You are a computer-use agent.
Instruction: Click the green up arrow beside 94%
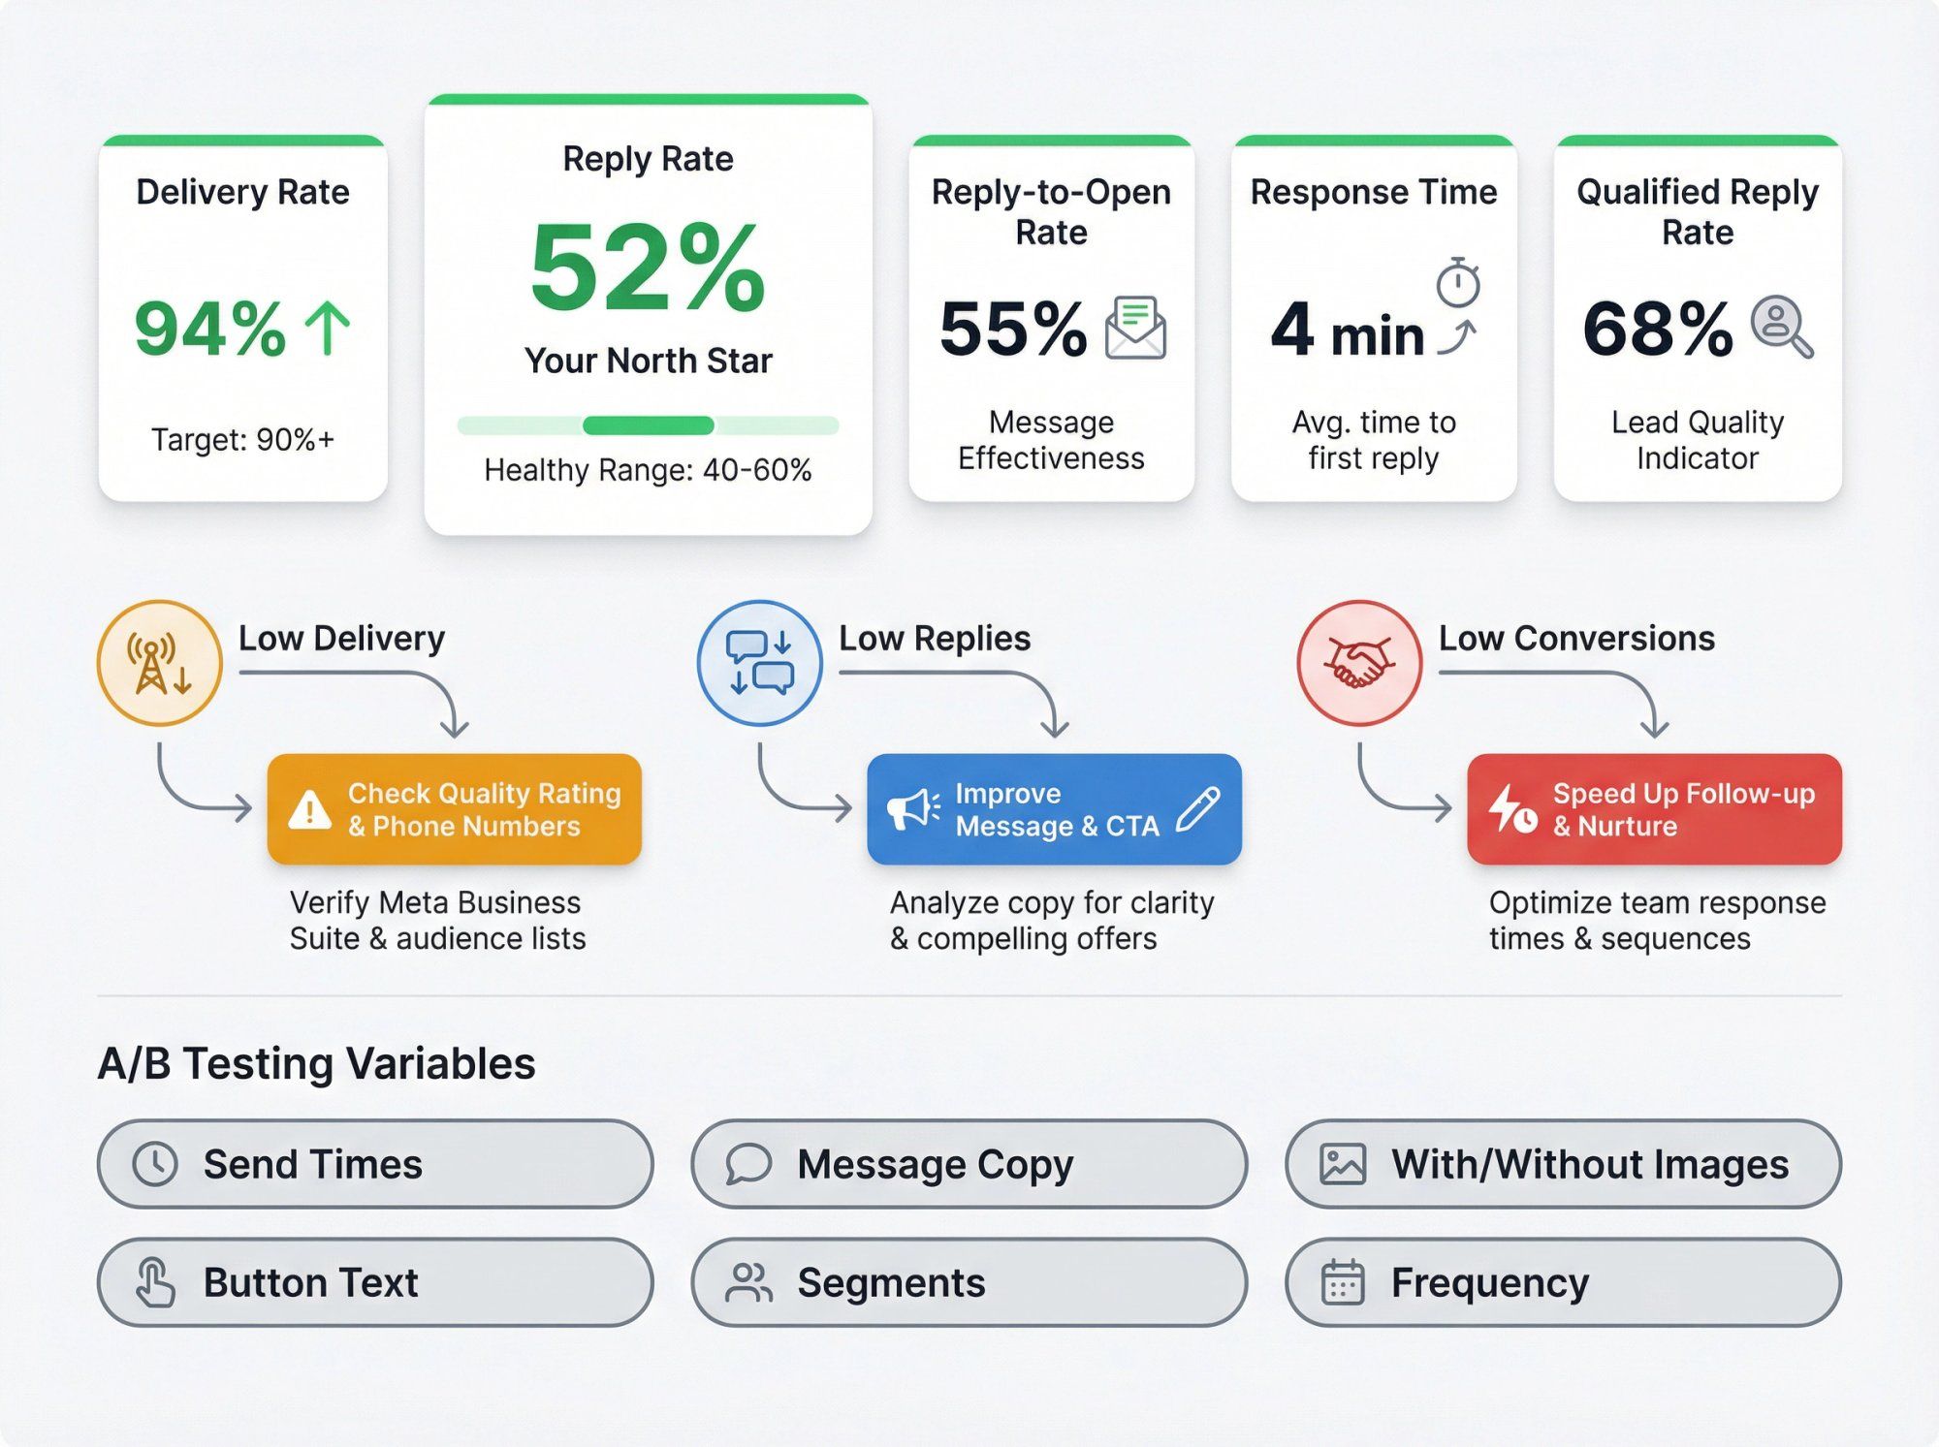[328, 328]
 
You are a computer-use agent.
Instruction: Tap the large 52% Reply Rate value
[648, 267]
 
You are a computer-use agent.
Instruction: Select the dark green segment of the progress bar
[648, 425]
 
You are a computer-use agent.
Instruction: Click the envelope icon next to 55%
[1135, 328]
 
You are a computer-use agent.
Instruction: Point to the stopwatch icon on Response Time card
[1457, 282]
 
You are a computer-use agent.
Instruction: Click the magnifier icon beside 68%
[1781, 327]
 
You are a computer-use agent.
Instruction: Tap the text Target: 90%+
[242, 440]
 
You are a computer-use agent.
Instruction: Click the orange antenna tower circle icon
[160, 663]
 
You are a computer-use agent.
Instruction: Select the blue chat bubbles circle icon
[760, 663]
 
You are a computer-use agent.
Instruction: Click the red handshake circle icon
[1359, 663]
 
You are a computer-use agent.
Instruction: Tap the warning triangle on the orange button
[310, 810]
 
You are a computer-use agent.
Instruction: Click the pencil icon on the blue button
[1198, 808]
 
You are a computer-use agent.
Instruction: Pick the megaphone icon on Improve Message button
[912, 809]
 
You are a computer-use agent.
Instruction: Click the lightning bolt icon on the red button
[1510, 809]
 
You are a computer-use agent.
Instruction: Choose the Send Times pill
[375, 1164]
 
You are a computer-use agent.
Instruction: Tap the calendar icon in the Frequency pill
[1343, 1282]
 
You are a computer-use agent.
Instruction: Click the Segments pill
[969, 1282]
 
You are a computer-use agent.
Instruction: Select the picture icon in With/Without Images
[1343, 1164]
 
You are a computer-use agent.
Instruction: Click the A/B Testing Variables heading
[316, 1063]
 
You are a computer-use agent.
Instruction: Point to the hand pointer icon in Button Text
[155, 1282]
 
